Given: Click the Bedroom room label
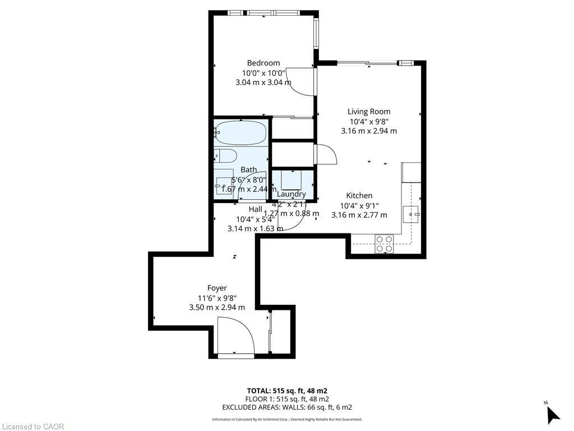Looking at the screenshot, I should tap(263, 63).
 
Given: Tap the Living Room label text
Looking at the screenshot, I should tap(368, 111).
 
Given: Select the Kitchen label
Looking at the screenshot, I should tap(359, 195).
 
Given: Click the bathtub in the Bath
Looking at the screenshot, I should tap(241, 133).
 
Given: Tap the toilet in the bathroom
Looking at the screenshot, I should tap(226, 155).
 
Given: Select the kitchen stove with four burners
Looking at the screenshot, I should tap(384, 244).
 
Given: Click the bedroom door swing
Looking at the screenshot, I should tap(303, 81).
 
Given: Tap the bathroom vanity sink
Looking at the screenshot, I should tap(225, 184).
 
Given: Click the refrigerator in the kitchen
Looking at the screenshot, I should tap(411, 172).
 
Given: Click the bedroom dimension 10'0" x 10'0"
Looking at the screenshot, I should tap(263, 73).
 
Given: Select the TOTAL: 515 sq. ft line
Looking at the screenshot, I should tap(287, 391).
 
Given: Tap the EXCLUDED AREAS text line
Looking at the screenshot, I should tap(287, 407).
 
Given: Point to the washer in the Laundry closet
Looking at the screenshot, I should tap(291, 180).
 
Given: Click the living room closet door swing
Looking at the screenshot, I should tap(325, 154).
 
